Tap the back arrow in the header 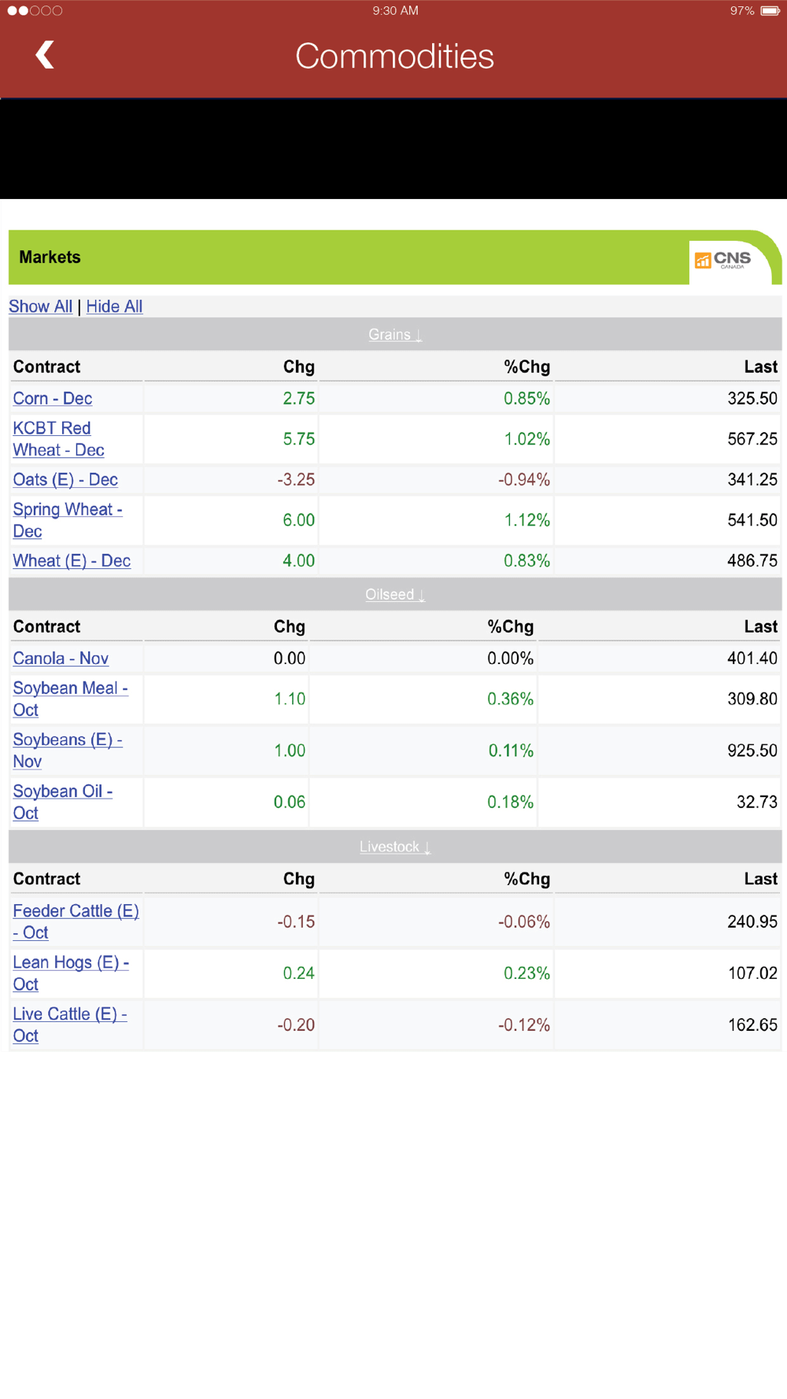point(45,55)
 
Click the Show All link point(40,307)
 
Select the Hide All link point(114,307)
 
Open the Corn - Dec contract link point(52,398)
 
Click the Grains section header point(395,334)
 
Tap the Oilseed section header point(395,594)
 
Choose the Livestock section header point(395,847)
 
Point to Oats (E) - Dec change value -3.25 point(296,480)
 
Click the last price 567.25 point(752,439)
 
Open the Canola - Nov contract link point(61,659)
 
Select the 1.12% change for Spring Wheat point(527,520)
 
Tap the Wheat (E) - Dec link point(72,561)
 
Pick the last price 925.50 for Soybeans point(752,751)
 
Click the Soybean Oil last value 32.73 point(756,803)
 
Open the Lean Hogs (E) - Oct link point(70,973)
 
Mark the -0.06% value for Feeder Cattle point(523,921)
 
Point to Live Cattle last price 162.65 point(752,1025)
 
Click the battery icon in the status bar point(770,11)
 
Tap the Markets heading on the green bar point(50,257)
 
